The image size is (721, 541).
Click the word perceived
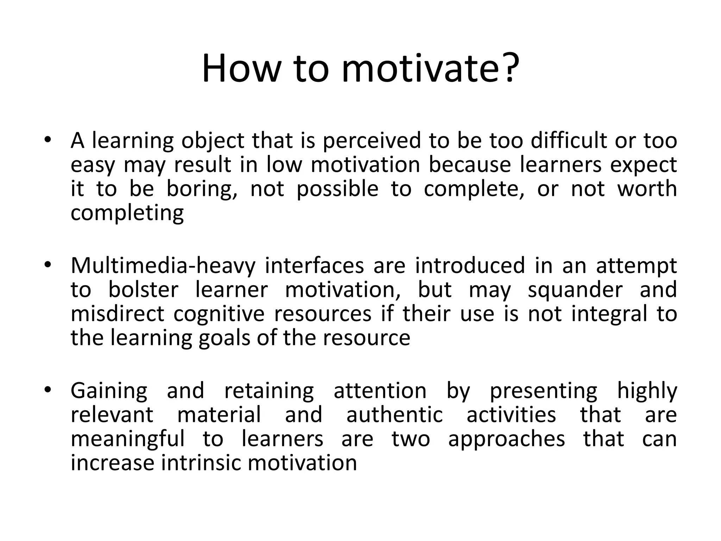point(371,141)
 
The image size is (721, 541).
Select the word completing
point(127,213)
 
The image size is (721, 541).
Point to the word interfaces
point(314,266)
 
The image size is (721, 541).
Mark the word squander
point(575,290)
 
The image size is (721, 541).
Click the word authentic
point(394,415)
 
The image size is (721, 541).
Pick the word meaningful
point(127,439)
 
